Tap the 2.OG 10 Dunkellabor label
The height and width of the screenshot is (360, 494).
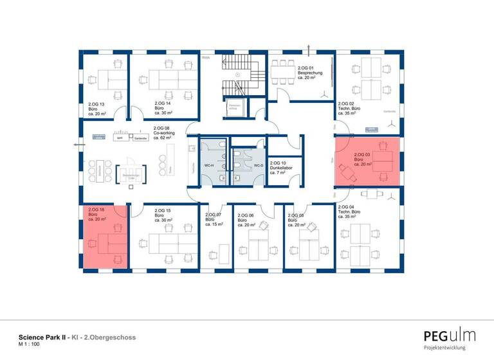(281, 168)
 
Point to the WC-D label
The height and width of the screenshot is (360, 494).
(257, 166)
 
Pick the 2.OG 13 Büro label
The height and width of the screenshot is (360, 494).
(96, 108)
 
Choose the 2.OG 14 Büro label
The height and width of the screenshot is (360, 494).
(163, 108)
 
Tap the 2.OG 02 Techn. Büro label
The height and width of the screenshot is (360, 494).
(351, 109)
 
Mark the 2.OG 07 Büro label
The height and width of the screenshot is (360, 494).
(214, 219)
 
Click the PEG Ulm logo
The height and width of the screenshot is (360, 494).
(449, 336)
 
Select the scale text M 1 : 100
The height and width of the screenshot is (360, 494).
(30, 345)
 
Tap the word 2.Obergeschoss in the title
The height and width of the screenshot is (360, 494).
(110, 337)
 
